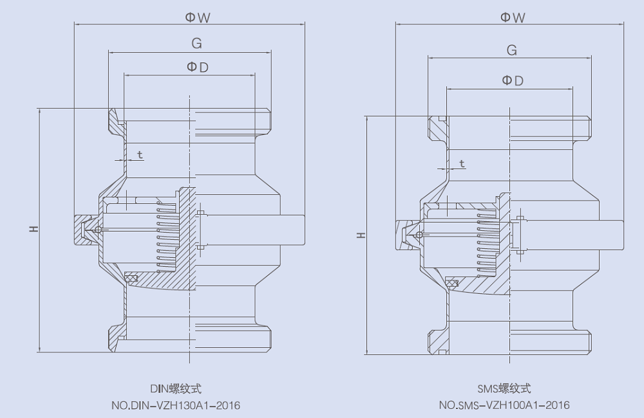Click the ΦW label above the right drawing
(513, 18)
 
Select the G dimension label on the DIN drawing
(196, 44)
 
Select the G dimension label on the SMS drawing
(512, 50)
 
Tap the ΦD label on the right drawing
(513, 80)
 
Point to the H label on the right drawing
(361, 235)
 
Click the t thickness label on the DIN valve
(140, 155)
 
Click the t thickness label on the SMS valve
(462, 164)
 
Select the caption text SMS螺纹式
(504, 388)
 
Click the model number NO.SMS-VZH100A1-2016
(504, 405)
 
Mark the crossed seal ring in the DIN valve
(131, 278)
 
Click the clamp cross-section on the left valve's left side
(86, 230)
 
